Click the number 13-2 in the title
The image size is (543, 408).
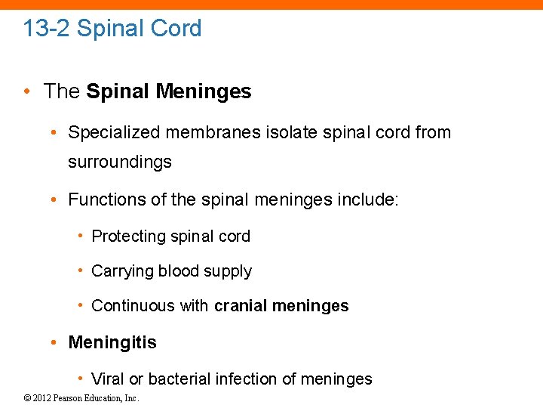(47, 29)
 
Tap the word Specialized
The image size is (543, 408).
(115, 133)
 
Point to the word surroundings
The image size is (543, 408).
(120, 162)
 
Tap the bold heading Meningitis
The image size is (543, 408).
(112, 342)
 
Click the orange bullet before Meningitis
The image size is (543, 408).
(55, 342)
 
